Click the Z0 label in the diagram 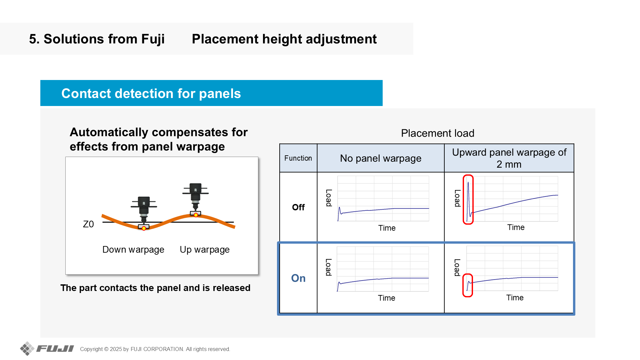coord(88,224)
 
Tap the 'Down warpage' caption coord(133,250)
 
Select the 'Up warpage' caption coord(205,250)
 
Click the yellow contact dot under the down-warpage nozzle coord(144,228)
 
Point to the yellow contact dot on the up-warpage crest coord(196,215)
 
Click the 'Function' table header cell coord(298,158)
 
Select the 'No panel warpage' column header coord(381,158)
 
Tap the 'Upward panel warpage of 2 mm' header coord(509,158)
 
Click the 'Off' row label coord(298,207)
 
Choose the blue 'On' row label coord(298,278)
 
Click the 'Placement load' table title coord(438,133)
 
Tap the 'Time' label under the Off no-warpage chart coord(387,228)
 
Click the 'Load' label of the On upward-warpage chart coord(457,268)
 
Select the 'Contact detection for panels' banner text coord(151,94)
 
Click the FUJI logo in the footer coord(47,349)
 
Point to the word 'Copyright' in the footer coord(91,349)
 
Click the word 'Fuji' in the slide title coord(153,39)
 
